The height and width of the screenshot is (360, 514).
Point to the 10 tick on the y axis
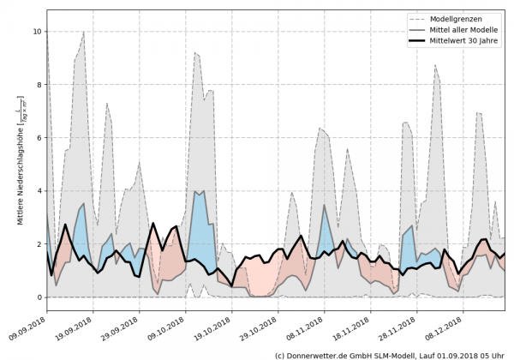(36, 32)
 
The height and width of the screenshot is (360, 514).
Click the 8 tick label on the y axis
(38, 85)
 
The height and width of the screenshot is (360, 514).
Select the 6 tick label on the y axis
(38, 138)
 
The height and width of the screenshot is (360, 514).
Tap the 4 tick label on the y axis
(38, 191)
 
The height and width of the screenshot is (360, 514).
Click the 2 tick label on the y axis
(38, 244)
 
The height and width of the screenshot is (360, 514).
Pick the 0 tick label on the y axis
(38, 297)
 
